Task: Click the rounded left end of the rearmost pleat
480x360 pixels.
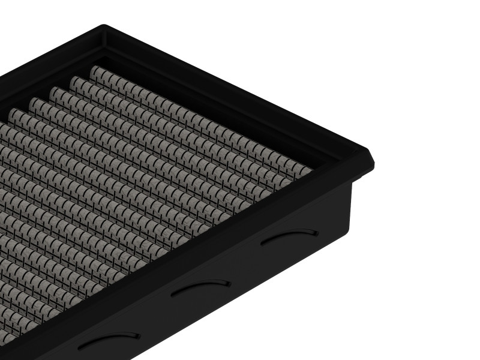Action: (x=95, y=70)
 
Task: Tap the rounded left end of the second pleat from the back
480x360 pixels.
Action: (x=74, y=80)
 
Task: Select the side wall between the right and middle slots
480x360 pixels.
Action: (x=246, y=264)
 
